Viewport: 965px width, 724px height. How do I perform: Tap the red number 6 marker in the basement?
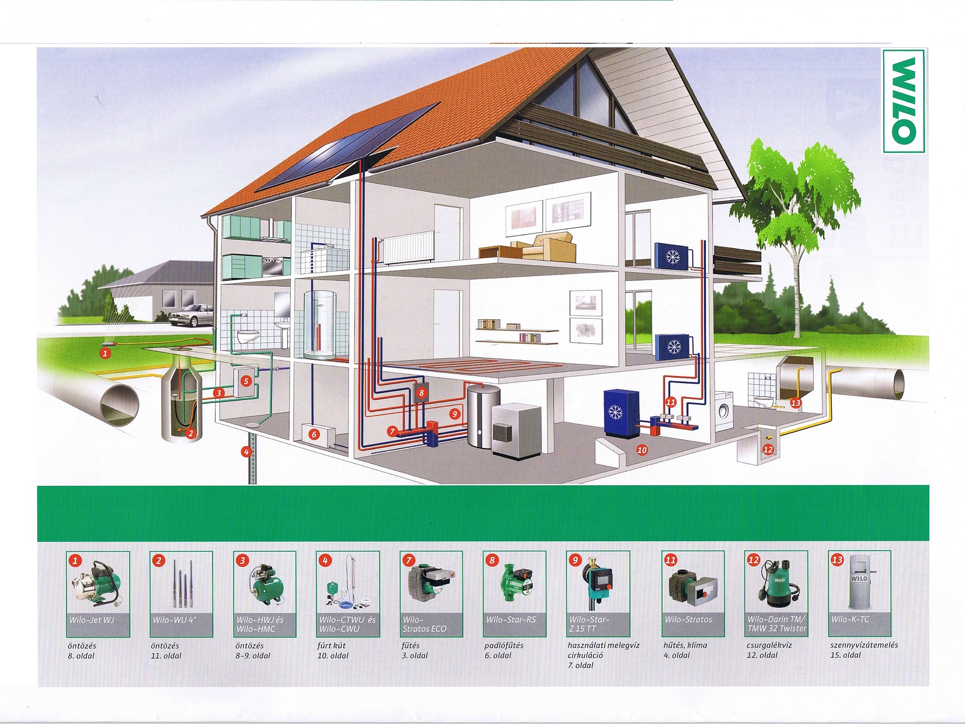point(313,434)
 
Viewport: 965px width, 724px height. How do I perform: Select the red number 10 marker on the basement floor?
point(642,450)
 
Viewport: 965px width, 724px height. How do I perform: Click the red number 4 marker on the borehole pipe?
point(248,451)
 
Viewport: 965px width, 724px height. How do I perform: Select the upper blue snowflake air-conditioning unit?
point(673,255)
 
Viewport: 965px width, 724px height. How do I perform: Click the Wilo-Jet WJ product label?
point(92,620)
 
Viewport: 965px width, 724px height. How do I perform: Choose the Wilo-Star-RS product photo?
point(514,583)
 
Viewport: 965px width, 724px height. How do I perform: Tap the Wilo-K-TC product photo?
point(859,582)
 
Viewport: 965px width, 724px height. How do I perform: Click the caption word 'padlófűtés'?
point(504,646)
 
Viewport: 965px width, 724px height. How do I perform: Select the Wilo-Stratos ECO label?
point(424,624)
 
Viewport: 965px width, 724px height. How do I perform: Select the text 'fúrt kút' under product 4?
point(331,646)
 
